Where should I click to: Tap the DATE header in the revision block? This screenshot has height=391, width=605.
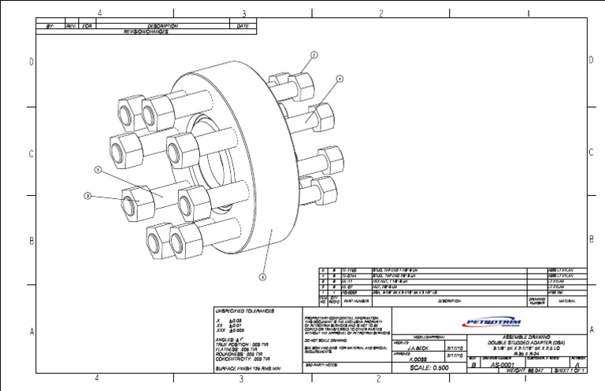click(243, 26)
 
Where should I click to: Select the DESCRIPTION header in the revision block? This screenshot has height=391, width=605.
click(165, 26)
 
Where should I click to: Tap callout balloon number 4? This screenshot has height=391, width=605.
click(340, 79)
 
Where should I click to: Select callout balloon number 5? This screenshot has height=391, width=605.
click(98, 169)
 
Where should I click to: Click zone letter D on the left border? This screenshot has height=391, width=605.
click(32, 61)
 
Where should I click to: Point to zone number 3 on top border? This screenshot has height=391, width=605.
click(243, 13)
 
